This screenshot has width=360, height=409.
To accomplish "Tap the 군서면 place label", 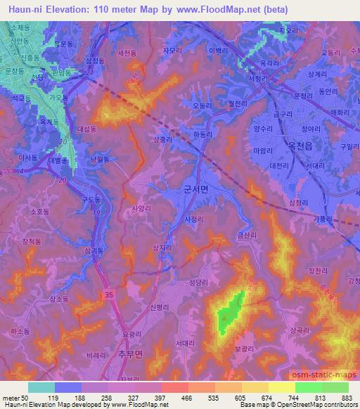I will tap(196, 190).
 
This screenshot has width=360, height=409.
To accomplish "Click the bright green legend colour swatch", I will tap(308, 387).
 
